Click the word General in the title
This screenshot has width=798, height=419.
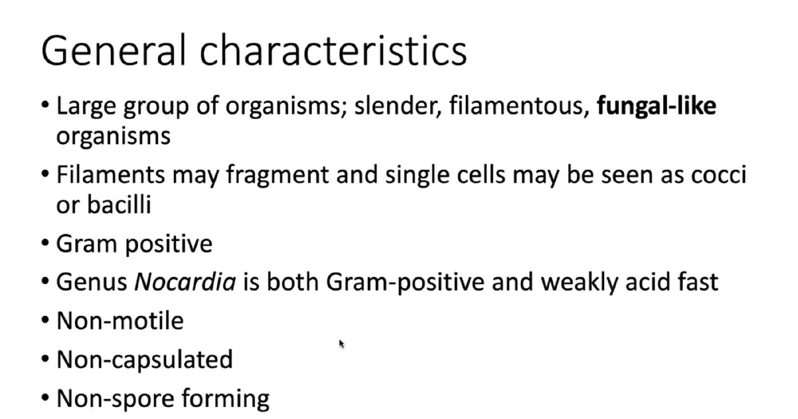113,50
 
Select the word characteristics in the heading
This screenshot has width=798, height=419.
333,50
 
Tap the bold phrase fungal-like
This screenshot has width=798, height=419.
656,106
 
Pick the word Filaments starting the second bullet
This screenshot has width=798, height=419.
110,175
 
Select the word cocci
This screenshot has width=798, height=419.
718,175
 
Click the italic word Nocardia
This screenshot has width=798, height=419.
185,282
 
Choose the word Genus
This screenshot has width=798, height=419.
91,282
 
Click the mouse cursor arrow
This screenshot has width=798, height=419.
342,344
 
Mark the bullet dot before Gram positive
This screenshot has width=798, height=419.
45,243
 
